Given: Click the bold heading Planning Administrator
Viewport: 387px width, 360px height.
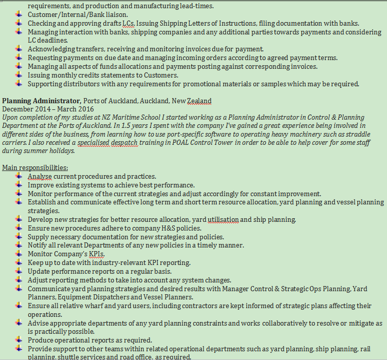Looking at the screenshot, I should click(x=42, y=101).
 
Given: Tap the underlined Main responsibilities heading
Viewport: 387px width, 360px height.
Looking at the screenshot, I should click(x=35, y=167).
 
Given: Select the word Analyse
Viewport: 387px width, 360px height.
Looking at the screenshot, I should click(x=40, y=176).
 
